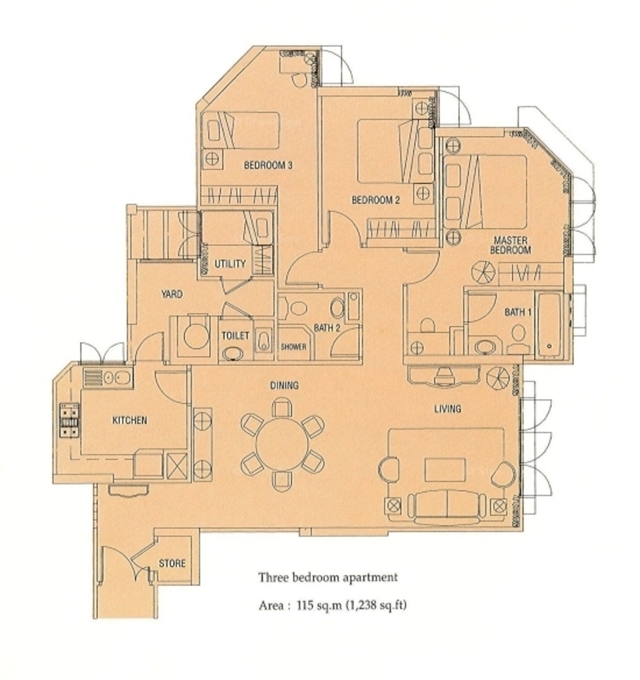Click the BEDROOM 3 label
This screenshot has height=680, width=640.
(x=268, y=165)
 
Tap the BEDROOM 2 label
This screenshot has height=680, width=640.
(x=375, y=201)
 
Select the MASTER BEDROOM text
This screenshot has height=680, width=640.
(x=511, y=245)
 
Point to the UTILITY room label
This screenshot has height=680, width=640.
(x=230, y=264)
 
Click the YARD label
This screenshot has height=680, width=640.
(x=171, y=294)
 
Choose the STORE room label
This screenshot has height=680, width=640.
(x=172, y=563)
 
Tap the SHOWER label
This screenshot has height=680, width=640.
(x=294, y=347)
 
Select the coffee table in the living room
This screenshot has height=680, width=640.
(x=445, y=469)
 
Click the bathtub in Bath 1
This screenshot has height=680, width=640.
(x=549, y=325)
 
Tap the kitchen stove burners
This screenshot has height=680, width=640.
(x=70, y=420)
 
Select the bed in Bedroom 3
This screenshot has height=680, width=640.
(x=241, y=130)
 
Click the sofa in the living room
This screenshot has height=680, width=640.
(x=446, y=507)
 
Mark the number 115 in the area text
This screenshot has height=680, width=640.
(x=305, y=605)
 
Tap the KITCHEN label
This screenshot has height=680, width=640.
(x=129, y=420)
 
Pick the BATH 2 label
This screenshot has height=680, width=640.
(x=327, y=328)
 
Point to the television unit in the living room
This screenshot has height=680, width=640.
(x=444, y=376)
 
